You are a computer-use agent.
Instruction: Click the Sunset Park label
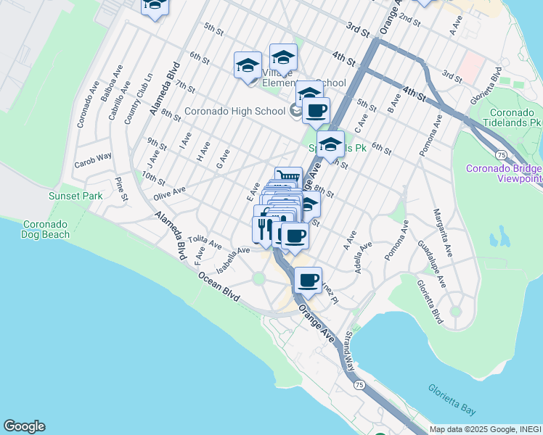[75, 196]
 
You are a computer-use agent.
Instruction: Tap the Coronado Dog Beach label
[46, 229]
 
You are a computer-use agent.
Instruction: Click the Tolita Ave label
[204, 242]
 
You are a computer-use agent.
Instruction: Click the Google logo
[24, 426]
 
